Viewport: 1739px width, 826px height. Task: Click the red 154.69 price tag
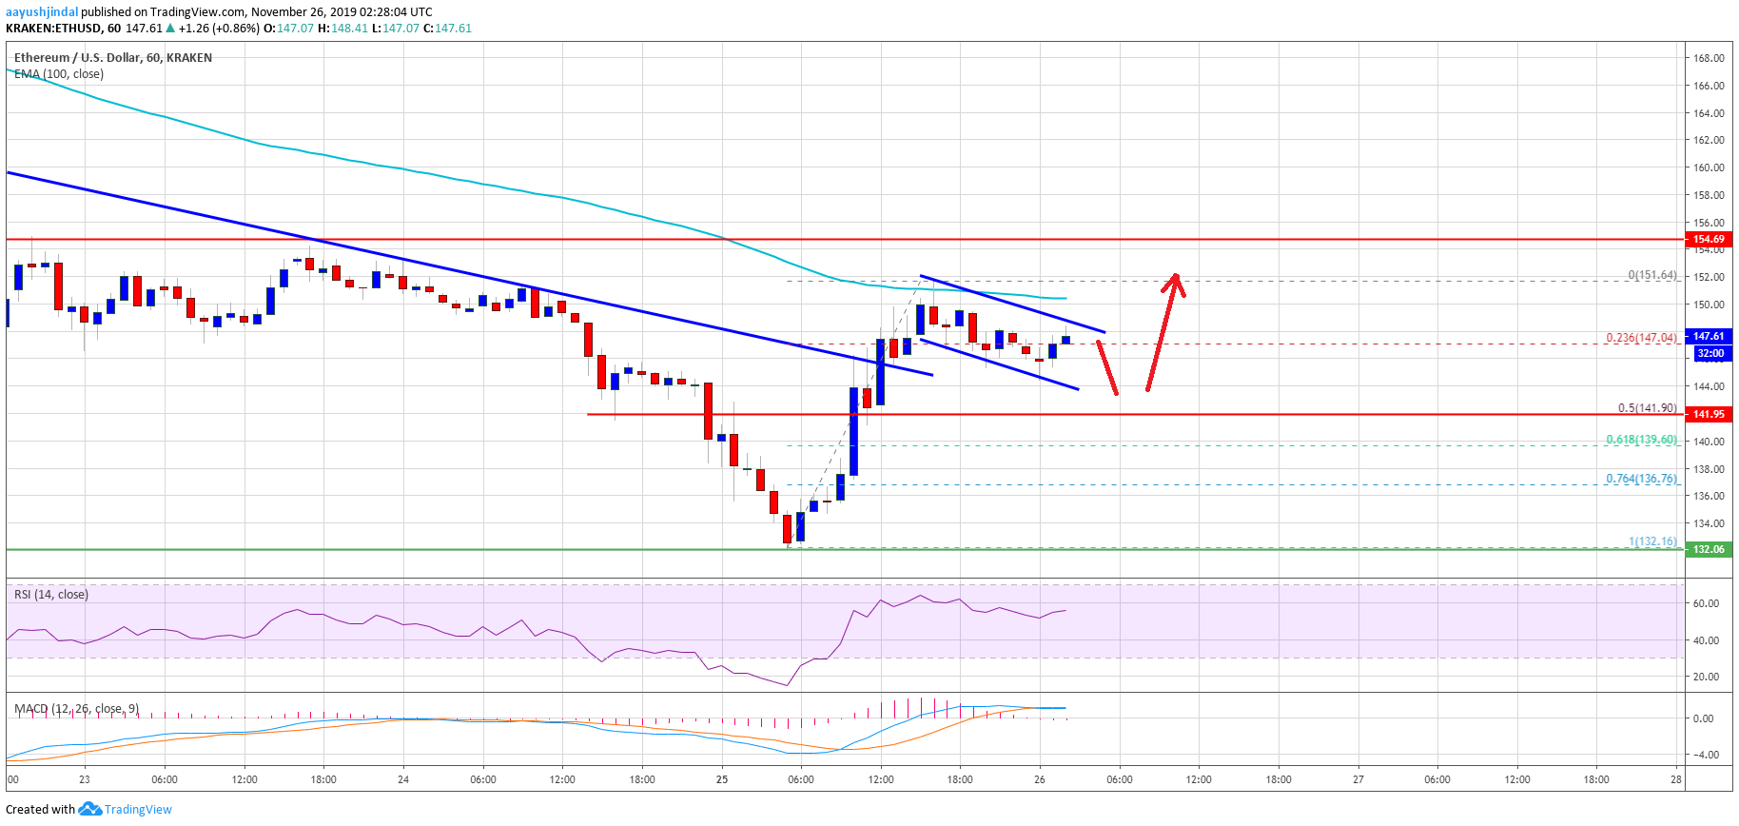(x=1708, y=239)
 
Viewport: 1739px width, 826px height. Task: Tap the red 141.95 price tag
(x=1708, y=414)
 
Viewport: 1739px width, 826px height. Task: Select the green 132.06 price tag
(x=1708, y=549)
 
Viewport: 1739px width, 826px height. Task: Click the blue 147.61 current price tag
(x=1708, y=336)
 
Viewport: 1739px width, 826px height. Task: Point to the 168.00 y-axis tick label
(x=1709, y=58)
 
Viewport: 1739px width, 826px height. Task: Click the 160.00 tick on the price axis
(x=1709, y=167)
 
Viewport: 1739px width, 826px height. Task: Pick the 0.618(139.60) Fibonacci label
(x=1641, y=440)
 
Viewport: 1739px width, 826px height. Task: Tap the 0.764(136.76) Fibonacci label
(x=1641, y=479)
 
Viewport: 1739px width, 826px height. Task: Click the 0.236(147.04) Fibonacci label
(x=1641, y=338)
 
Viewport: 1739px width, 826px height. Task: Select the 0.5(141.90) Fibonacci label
(x=1647, y=408)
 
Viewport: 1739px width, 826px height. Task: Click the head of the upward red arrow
(x=1176, y=278)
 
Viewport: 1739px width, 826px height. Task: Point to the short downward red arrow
(x=1107, y=367)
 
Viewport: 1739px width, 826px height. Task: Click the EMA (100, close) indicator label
(x=59, y=74)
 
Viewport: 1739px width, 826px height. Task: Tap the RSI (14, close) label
(x=51, y=595)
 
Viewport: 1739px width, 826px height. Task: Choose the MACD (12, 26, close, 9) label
(x=76, y=709)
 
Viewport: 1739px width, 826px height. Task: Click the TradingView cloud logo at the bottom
(x=90, y=809)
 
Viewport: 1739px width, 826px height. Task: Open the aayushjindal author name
(x=42, y=12)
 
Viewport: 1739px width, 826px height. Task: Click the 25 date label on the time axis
(x=722, y=779)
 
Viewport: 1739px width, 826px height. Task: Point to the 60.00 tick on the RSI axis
(x=1706, y=603)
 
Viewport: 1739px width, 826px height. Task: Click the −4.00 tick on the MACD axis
(x=1706, y=755)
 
